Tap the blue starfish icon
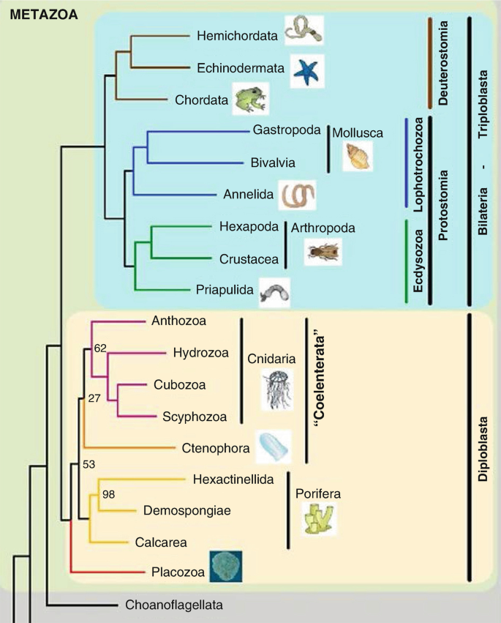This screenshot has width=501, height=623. click(306, 70)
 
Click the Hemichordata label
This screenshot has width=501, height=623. click(233, 34)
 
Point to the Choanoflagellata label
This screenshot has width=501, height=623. click(173, 605)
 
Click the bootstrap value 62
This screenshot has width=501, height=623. click(101, 348)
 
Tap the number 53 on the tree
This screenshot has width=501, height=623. click(89, 463)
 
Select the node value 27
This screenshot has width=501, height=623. click(93, 399)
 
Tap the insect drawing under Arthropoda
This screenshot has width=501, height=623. click(323, 252)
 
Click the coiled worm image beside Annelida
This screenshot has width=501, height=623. click(299, 195)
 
